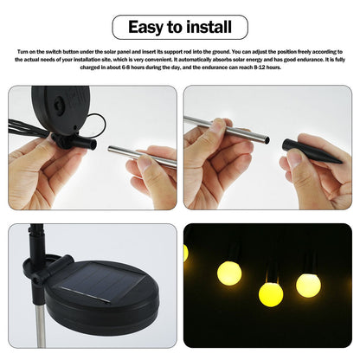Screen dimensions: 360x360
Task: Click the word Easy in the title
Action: [148, 27]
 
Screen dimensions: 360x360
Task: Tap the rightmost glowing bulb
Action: [308, 284]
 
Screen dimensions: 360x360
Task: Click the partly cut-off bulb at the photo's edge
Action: [186, 252]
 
